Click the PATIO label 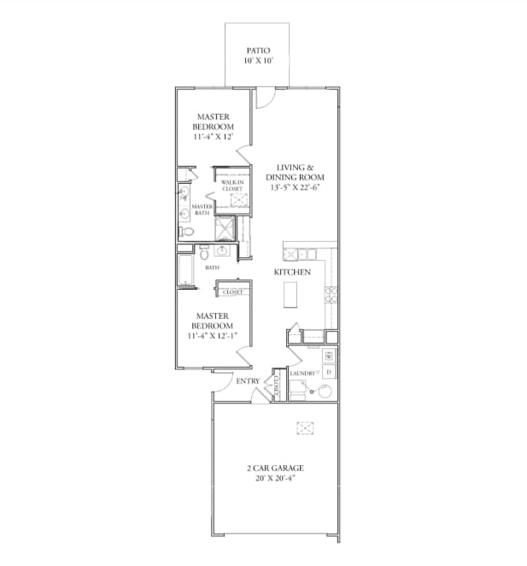coord(258,50)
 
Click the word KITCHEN coord(291,272)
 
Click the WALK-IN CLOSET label coord(232,186)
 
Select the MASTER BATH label coord(202,209)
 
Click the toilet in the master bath coord(185,231)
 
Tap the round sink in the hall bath coord(223,251)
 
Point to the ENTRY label coord(248,381)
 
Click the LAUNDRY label coord(303,374)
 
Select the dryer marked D coord(329,372)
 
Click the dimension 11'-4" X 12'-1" coord(213,337)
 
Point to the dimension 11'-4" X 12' coord(214,137)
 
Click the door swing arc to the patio coord(265,99)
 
